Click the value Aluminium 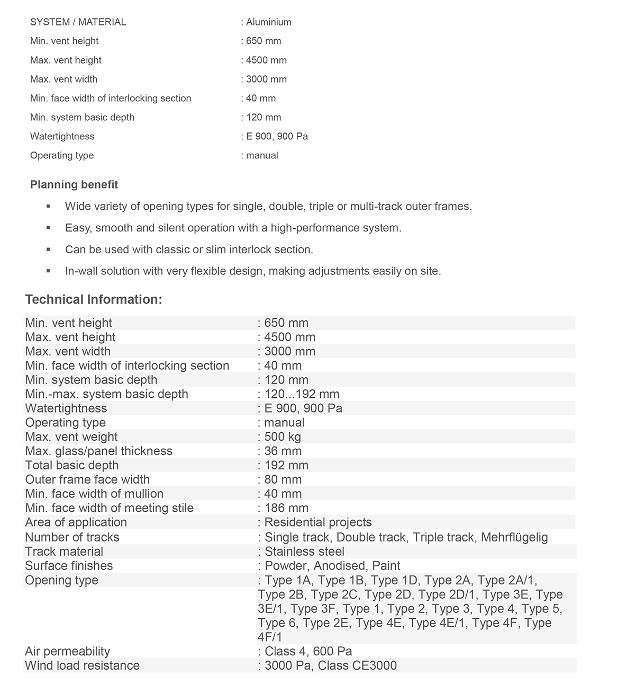(x=268, y=22)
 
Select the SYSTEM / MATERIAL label (x=78, y=22)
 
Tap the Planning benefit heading (x=74, y=185)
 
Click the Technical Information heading (x=94, y=299)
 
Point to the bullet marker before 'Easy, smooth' (x=49, y=228)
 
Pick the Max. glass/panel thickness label (x=99, y=451)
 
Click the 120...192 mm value (x=302, y=394)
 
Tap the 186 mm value (x=286, y=508)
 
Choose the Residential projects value (x=318, y=522)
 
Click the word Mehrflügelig (x=514, y=537)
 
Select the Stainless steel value (x=304, y=551)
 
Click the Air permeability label (x=68, y=652)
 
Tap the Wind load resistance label (x=83, y=666)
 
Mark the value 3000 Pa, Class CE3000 (x=330, y=666)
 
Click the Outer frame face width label (x=87, y=479)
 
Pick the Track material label (x=64, y=551)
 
